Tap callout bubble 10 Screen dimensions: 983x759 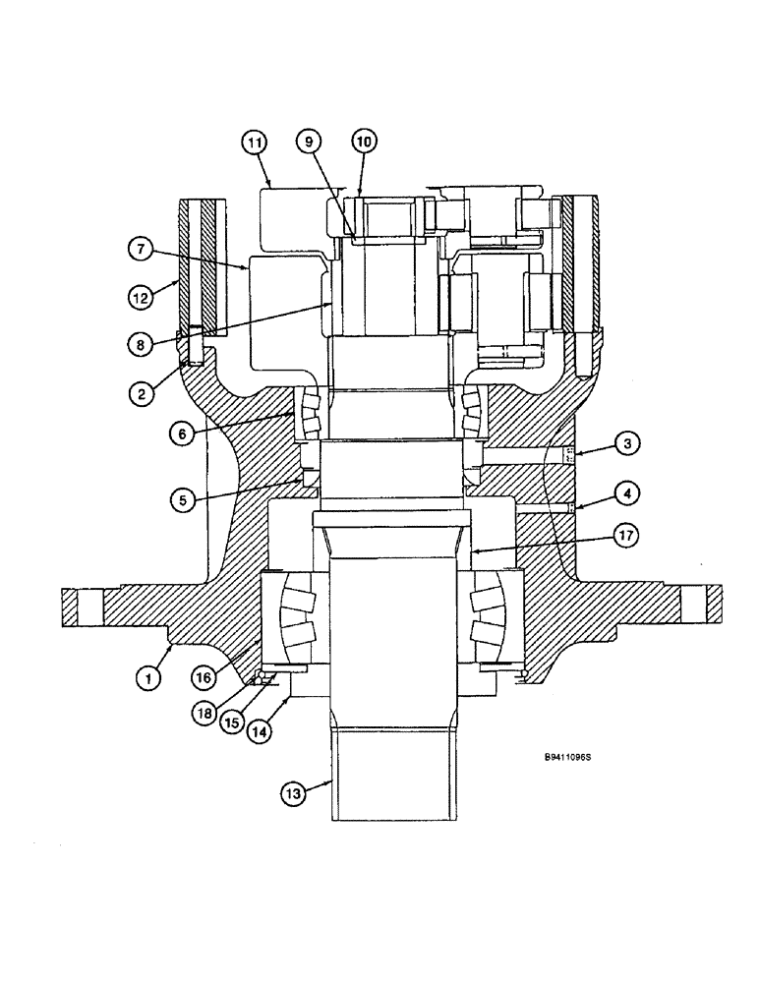[364, 143]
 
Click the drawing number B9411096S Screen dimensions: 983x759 [571, 758]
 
